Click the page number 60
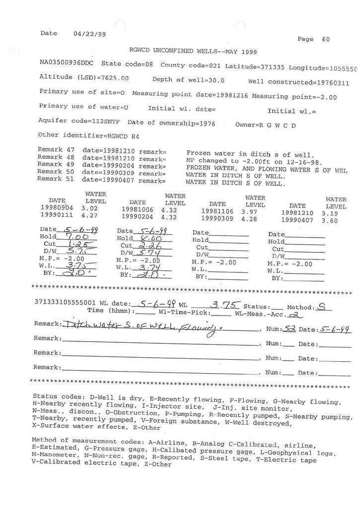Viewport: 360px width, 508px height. [326, 39]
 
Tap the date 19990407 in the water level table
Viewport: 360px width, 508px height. [297, 220]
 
